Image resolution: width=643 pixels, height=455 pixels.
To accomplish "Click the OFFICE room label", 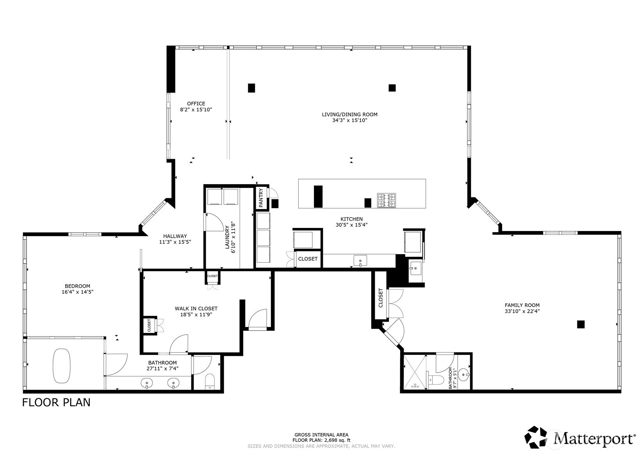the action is pyautogui.click(x=196, y=104).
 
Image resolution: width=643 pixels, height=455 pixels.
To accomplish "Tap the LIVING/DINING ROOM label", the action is pyautogui.click(x=350, y=115).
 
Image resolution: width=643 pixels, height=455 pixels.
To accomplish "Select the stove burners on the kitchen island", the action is pyautogui.click(x=387, y=201).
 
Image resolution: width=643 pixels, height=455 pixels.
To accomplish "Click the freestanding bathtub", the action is pyautogui.click(x=61, y=366).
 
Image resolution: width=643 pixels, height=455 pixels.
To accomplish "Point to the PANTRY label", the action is pyautogui.click(x=261, y=198).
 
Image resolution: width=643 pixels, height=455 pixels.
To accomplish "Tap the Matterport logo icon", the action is pyautogui.click(x=535, y=437).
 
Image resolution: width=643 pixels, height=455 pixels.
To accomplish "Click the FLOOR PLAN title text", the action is pyautogui.click(x=56, y=402).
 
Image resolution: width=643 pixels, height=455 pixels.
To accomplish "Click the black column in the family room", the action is pyautogui.click(x=581, y=324).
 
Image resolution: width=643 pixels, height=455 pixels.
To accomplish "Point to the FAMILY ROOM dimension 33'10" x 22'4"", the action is pyautogui.click(x=522, y=311).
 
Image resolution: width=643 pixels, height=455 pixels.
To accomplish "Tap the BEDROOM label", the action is pyautogui.click(x=78, y=286).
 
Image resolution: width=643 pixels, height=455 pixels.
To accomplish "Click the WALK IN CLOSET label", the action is pyautogui.click(x=196, y=308).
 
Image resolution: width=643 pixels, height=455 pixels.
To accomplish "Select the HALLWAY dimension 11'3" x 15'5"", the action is pyautogui.click(x=175, y=242).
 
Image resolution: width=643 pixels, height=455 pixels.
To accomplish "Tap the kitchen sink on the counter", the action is pyautogui.click(x=360, y=261).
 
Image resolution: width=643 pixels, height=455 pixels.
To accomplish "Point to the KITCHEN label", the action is pyautogui.click(x=352, y=219).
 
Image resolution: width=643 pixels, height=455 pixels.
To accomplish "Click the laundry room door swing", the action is pyautogui.click(x=214, y=222).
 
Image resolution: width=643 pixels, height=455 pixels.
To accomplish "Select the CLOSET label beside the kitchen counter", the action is pyautogui.click(x=308, y=259).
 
